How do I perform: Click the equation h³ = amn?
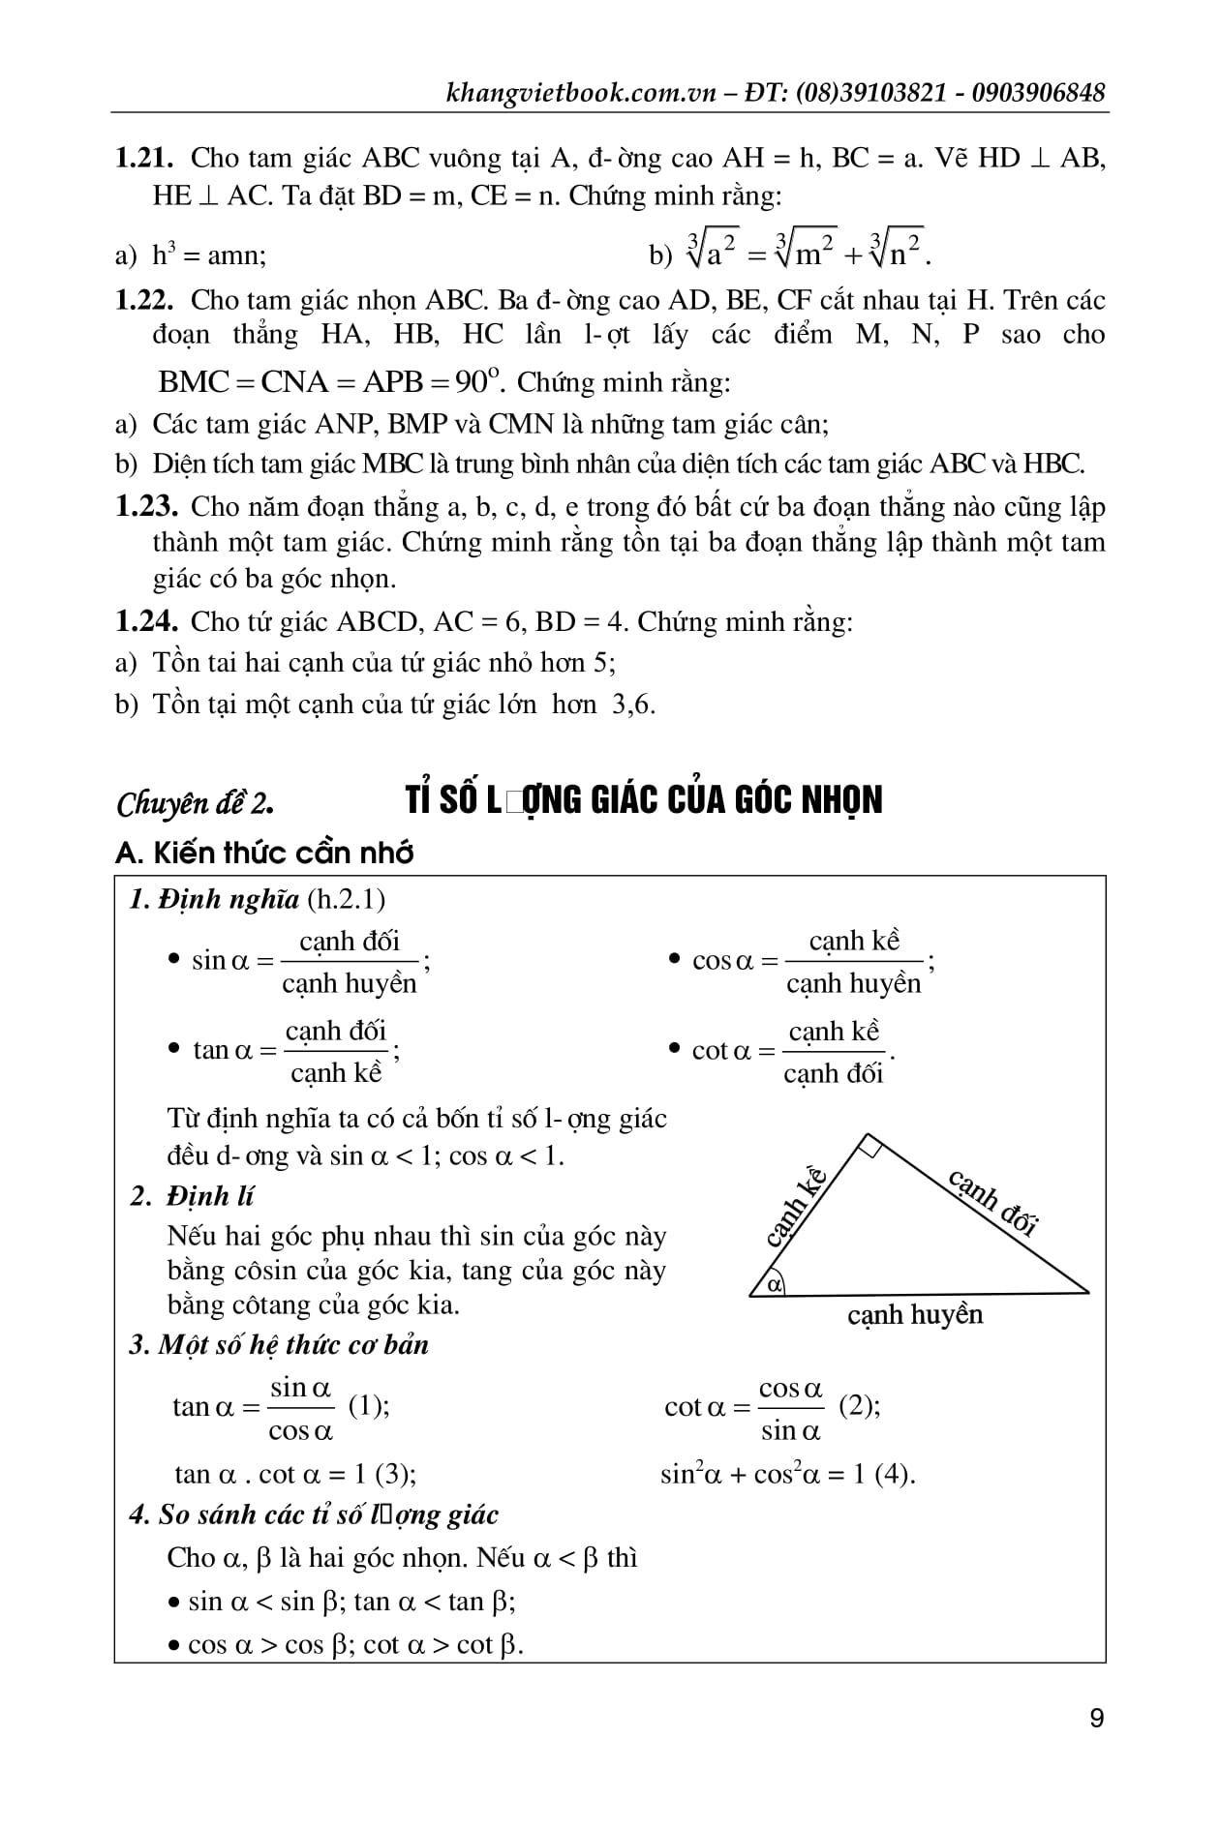pyautogui.click(x=209, y=255)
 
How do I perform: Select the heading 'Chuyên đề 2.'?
pyautogui.click(x=195, y=803)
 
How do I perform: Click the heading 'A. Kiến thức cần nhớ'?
pyautogui.click(x=264, y=853)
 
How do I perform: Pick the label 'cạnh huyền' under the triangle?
pyautogui.click(x=914, y=1315)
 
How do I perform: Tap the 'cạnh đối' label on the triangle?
pyautogui.click(x=993, y=1203)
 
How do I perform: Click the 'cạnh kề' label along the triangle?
pyautogui.click(x=795, y=1206)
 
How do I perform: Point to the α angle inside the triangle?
pyautogui.click(x=774, y=1285)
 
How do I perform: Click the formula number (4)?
pyautogui.click(x=894, y=1474)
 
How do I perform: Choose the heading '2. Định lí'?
pyautogui.click(x=192, y=1196)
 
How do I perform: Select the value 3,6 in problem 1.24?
pyautogui.click(x=633, y=704)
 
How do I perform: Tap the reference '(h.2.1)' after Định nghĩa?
pyautogui.click(x=346, y=899)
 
